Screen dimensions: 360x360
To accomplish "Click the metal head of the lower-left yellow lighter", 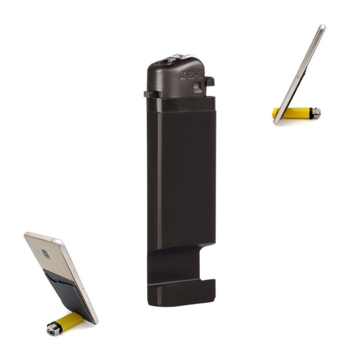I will tap(54, 329).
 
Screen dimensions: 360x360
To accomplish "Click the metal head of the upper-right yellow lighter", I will tap(317, 112).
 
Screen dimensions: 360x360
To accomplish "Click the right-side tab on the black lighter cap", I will tap(209, 81).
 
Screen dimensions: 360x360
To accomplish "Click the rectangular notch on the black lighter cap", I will tap(197, 87).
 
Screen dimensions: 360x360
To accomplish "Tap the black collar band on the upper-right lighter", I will tap(310, 112).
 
